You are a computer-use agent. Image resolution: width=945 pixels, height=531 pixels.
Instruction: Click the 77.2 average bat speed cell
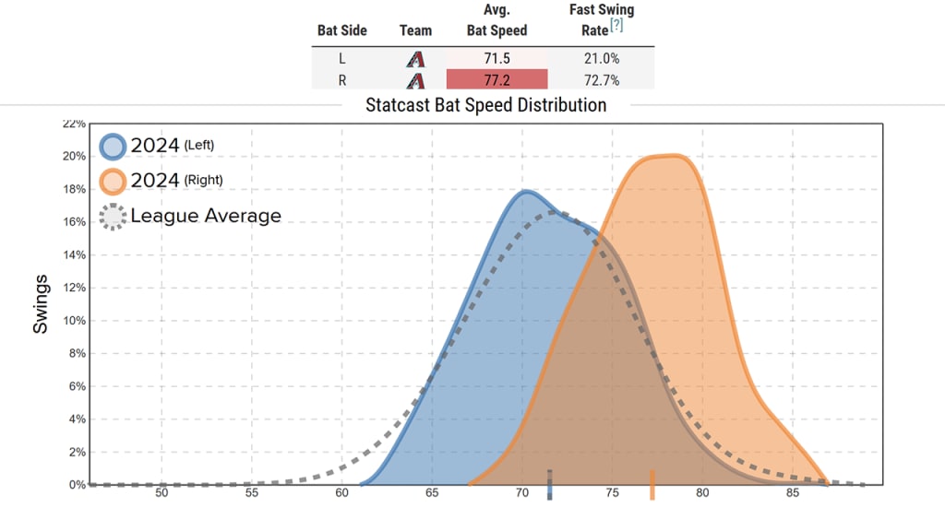tap(496, 80)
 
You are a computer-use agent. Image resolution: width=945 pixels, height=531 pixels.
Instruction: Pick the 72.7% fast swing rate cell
tap(601, 80)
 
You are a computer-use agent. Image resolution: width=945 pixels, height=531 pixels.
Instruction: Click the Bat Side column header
tap(341, 30)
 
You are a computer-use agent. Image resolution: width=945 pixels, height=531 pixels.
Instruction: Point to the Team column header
tap(415, 30)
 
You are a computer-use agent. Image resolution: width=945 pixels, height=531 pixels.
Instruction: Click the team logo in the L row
tap(415, 59)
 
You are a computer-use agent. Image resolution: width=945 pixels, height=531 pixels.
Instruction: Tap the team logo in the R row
tap(415, 80)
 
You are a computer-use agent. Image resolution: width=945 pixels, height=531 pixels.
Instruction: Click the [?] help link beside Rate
tap(616, 26)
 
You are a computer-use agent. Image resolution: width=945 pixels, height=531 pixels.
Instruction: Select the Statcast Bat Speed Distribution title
tap(485, 104)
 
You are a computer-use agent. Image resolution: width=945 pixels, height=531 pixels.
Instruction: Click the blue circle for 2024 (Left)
tap(113, 147)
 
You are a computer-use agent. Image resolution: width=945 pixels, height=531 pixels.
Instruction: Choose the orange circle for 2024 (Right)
tap(113, 181)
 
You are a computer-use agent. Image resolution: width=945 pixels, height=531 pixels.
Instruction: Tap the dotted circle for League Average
tap(113, 217)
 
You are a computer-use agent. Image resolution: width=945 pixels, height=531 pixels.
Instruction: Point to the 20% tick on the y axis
tap(75, 156)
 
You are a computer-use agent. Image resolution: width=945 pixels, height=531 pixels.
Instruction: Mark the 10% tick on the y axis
tap(75, 321)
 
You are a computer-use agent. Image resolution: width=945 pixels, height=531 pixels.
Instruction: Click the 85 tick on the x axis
tap(792, 493)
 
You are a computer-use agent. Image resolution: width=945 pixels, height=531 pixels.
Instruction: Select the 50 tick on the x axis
tap(161, 493)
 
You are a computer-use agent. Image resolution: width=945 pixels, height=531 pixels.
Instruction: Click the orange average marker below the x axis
tap(652, 485)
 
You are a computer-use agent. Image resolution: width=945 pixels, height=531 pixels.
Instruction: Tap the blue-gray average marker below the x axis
tap(550, 485)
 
